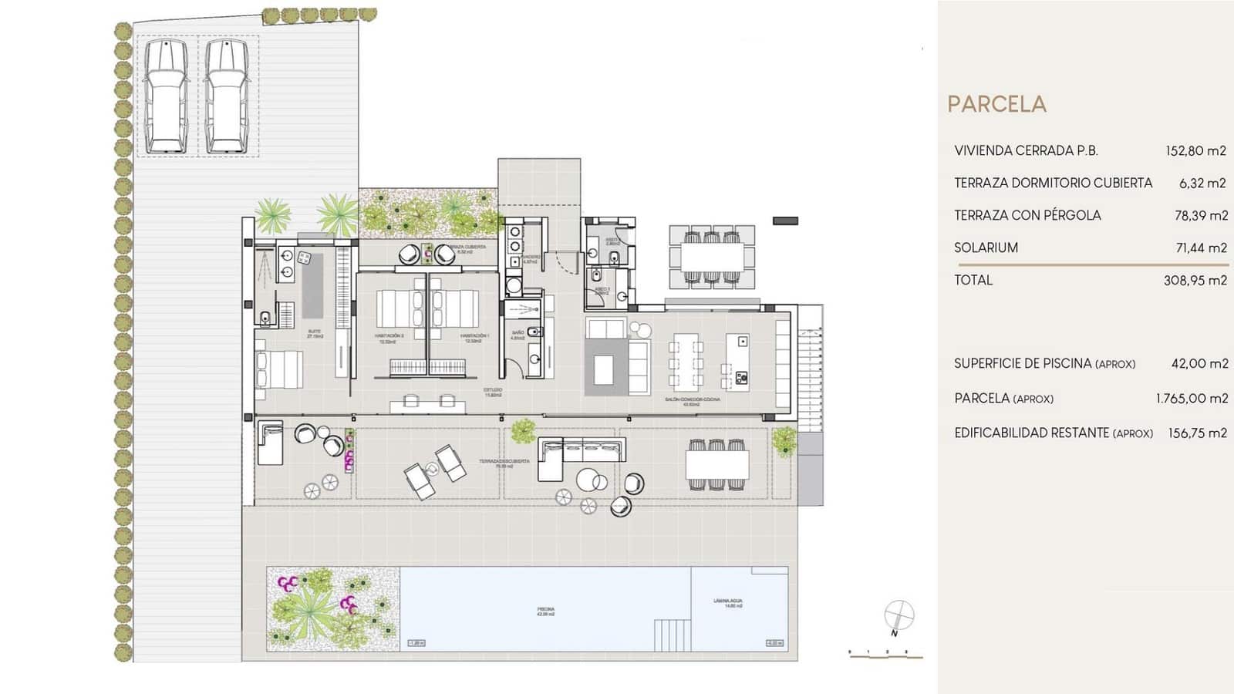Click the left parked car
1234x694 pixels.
[166, 96]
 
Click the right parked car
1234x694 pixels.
[227, 96]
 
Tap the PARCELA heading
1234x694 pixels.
[996, 104]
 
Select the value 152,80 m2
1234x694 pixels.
[1195, 151]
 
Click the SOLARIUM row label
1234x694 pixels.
[986, 248]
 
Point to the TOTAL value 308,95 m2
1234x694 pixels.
[1194, 281]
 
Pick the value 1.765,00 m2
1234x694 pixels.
[1192, 399]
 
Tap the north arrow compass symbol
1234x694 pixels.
[899, 616]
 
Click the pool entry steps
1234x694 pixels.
[672, 636]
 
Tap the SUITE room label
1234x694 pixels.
[314, 333]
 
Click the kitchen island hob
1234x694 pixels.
[741, 377]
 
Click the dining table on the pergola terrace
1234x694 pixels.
[716, 464]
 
